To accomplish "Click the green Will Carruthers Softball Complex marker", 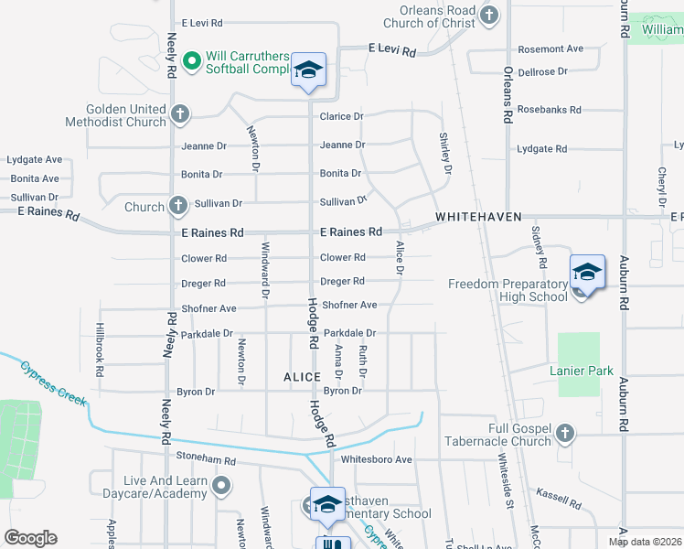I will click(192, 61).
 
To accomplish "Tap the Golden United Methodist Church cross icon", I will click(180, 113).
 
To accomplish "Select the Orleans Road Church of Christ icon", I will click(489, 15).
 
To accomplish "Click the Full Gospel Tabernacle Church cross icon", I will click(566, 433).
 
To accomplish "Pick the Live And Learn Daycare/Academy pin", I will click(221, 486).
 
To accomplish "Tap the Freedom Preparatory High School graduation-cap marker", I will click(587, 273).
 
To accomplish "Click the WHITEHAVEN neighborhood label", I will click(478, 217).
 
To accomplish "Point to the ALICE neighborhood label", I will click(302, 377).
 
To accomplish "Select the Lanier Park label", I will click(580, 371).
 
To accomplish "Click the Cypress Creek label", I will click(53, 384).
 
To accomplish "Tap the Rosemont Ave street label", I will click(550, 48).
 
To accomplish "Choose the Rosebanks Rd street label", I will click(549, 110).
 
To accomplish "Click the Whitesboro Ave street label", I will click(376, 459).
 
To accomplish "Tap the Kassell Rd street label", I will click(558, 499).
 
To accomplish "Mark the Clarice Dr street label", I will click(341, 116).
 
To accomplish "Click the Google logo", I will click(31, 537).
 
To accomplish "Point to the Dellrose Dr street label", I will click(543, 70).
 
